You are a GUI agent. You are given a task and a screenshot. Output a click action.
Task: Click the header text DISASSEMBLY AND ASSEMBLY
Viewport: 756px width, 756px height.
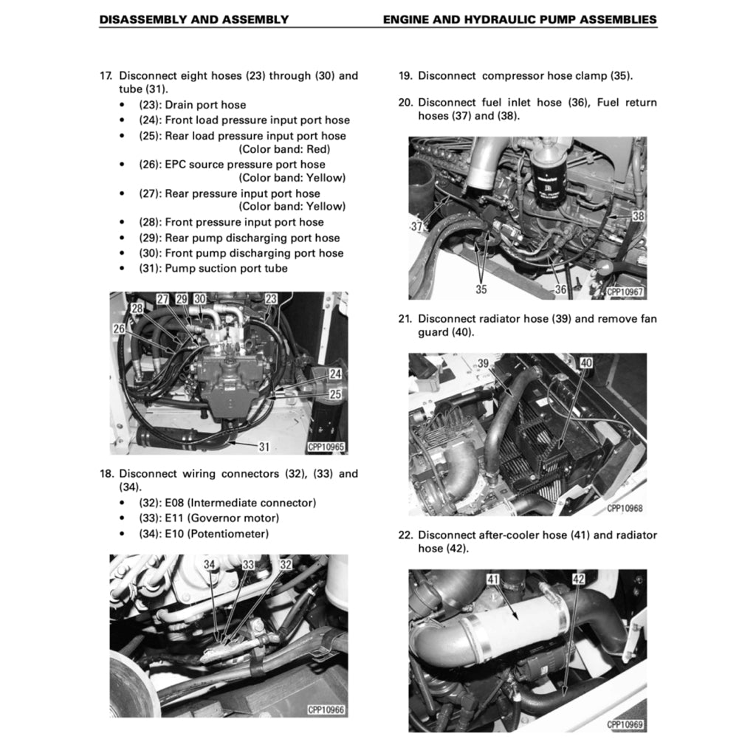click(193, 20)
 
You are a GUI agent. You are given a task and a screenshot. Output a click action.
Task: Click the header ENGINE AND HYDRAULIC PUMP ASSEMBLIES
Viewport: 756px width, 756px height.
click(520, 20)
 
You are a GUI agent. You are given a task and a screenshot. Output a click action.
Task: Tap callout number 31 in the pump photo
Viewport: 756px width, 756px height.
click(264, 446)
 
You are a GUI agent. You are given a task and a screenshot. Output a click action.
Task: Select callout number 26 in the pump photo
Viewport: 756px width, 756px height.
click(119, 329)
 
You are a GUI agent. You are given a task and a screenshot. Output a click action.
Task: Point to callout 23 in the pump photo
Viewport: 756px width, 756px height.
click(271, 299)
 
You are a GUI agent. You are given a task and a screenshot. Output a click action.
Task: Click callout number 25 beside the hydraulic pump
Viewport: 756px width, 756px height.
click(335, 394)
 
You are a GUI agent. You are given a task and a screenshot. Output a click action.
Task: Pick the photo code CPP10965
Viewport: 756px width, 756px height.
click(326, 447)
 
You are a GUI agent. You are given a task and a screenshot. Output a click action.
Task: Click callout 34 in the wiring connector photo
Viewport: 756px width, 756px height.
click(210, 565)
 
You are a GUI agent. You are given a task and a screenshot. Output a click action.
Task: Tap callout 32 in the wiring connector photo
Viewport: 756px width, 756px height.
click(286, 565)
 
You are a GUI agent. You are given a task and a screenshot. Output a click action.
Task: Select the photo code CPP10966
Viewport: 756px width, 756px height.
click(326, 710)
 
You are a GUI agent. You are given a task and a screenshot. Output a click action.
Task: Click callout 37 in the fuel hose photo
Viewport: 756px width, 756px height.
click(416, 227)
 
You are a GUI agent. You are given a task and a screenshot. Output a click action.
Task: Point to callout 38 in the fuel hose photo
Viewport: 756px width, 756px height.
click(638, 216)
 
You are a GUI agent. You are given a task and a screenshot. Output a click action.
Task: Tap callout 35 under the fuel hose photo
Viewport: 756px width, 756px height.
click(481, 289)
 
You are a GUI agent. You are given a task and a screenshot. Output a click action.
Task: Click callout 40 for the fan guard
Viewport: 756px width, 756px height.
click(586, 363)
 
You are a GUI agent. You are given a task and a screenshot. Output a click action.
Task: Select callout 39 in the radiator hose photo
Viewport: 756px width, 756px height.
click(484, 363)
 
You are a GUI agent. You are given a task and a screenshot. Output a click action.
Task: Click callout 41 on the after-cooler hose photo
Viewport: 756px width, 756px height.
click(493, 580)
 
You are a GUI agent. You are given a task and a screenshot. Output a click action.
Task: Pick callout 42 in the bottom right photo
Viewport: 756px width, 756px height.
click(579, 580)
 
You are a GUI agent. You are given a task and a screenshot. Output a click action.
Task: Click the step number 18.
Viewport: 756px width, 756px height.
click(106, 474)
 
